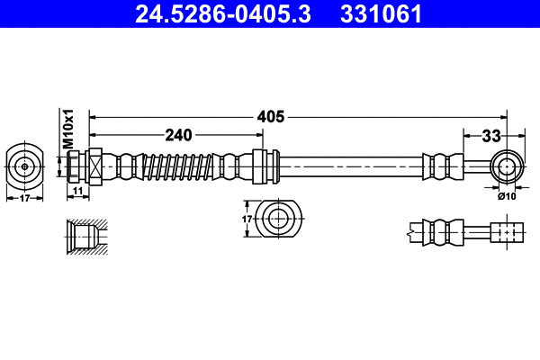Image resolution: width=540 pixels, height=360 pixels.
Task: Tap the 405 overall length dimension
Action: coord(271,116)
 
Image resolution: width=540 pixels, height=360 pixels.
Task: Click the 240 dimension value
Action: coord(178,136)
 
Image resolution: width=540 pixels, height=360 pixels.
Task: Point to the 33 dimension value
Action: coord(490,137)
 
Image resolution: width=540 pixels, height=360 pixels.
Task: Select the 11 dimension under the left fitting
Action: coord(77,191)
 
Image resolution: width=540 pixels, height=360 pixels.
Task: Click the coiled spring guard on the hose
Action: coord(184,166)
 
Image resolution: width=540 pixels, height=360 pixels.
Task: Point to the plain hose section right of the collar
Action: coord(351,166)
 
